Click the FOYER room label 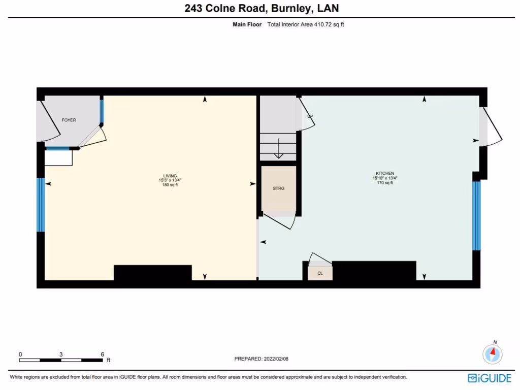69,120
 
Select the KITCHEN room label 389,173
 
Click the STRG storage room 278,188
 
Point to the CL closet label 320,273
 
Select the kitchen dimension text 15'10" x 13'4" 389,178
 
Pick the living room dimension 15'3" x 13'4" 170,180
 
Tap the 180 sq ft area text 170,185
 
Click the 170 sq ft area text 389,183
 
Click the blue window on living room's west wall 41,205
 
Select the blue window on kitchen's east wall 476,216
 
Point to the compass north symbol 493,353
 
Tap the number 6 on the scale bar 103,354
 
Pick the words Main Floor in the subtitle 246,24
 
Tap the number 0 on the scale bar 20,354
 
